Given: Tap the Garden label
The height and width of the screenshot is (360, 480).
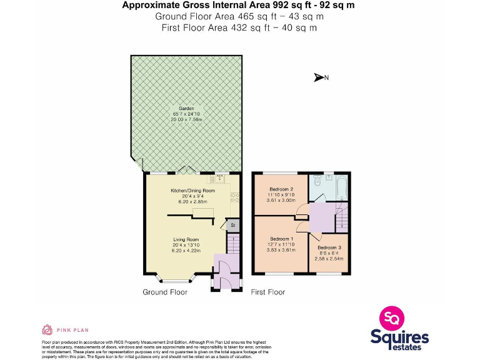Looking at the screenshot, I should click(x=186, y=108).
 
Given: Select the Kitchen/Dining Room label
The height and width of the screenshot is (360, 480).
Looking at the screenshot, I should click(x=192, y=191).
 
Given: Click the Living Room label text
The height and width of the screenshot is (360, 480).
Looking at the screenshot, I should click(x=186, y=239).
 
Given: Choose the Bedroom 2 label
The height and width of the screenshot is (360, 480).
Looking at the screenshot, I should click(x=281, y=189).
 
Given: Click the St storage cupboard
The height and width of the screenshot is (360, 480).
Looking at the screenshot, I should click(x=232, y=225).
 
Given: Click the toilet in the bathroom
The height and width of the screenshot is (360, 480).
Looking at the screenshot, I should click(x=317, y=182).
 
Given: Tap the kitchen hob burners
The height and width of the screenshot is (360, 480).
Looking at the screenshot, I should click(x=234, y=198).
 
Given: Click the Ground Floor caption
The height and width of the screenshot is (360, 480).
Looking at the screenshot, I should click(x=164, y=292).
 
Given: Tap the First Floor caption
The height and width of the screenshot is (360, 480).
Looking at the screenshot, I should click(x=267, y=292).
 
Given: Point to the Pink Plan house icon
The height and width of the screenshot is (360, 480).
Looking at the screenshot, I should click(x=46, y=329).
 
